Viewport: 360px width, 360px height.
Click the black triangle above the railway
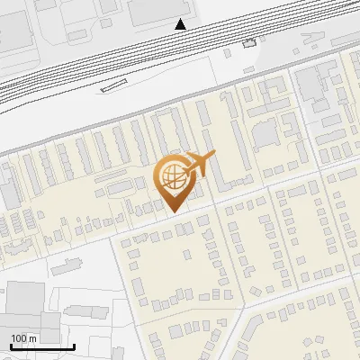click(182, 23)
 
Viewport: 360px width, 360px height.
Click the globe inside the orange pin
click(172, 175)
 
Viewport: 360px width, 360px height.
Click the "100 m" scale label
click(24, 337)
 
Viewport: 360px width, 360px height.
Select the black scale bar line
click(42, 346)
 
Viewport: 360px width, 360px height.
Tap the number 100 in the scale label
click(19, 337)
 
